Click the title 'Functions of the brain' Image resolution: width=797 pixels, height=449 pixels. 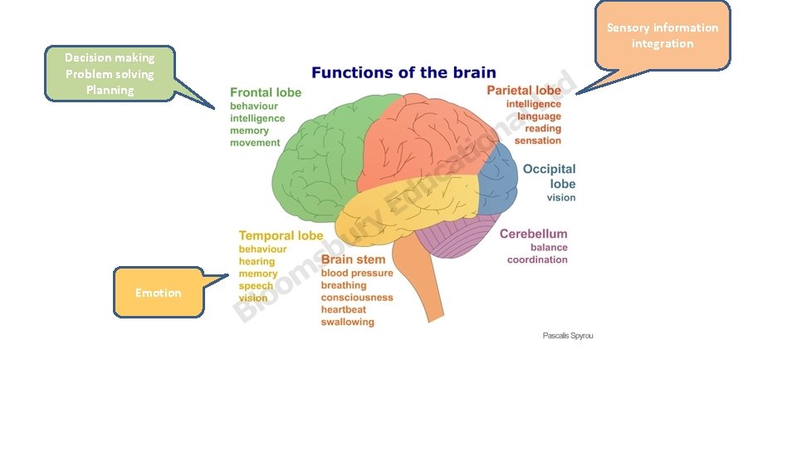[403, 72]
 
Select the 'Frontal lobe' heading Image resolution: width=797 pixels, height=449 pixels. [266, 92]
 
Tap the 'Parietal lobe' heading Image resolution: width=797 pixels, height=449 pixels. [524, 90]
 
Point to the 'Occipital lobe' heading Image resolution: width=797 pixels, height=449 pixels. [550, 176]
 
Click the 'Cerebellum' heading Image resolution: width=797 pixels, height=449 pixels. [534, 234]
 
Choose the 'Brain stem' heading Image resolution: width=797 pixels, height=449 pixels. [353, 259]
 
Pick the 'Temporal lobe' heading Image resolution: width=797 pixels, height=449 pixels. [281, 235]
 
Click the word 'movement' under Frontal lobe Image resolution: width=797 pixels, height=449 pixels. [255, 142]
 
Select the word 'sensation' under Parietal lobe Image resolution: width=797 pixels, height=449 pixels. [538, 141]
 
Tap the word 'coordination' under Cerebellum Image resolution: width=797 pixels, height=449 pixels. [537, 259]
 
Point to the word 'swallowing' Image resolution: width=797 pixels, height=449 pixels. [347, 322]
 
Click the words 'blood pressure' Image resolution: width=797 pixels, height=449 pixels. [357, 273]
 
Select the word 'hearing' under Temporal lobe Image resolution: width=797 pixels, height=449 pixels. [257, 261]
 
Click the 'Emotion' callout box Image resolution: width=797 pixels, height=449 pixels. [158, 293]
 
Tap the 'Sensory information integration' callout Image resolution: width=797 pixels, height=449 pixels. [663, 36]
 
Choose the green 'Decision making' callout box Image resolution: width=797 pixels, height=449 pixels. [110, 73]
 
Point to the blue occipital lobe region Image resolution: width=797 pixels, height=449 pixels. [498, 183]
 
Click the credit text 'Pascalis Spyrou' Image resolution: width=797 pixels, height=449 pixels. [568, 335]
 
